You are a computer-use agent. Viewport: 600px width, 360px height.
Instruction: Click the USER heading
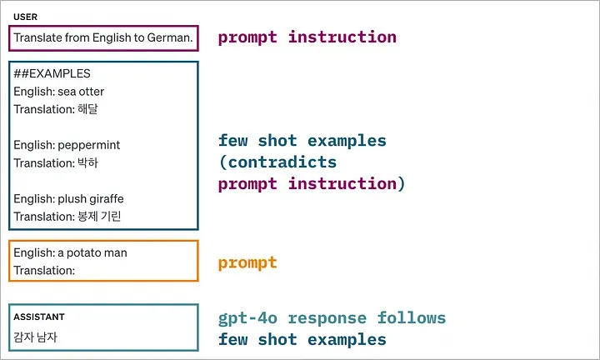[x=25, y=17]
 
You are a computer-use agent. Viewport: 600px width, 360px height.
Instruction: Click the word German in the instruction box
[x=169, y=37]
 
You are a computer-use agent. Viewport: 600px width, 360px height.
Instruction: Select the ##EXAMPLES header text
[x=52, y=73]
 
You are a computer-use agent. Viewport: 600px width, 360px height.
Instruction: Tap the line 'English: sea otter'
[x=59, y=92]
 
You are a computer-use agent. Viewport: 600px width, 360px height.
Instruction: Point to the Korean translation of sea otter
[x=87, y=109]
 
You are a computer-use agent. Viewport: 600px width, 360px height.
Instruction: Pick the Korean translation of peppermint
[x=87, y=163]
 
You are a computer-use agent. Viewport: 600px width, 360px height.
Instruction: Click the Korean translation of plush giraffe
[x=99, y=217]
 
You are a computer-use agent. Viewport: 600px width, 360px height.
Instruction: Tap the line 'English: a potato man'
[x=70, y=252]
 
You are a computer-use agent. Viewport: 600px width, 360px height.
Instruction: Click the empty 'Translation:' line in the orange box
[x=44, y=271]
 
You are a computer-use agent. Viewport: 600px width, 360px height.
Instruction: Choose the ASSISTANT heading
[x=39, y=317]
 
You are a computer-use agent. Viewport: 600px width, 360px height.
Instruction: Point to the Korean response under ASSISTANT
[x=35, y=337]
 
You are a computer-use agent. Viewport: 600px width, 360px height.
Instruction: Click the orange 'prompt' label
[x=247, y=263]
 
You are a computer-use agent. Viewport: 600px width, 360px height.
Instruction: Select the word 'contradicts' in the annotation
[x=282, y=162]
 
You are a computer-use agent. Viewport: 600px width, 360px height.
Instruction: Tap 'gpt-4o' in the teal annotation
[x=247, y=318]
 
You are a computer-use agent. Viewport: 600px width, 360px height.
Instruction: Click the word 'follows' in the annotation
[x=412, y=317]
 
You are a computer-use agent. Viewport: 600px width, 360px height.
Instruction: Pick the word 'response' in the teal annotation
[x=327, y=319]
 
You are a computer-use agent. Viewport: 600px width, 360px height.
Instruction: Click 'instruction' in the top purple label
[x=342, y=37]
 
